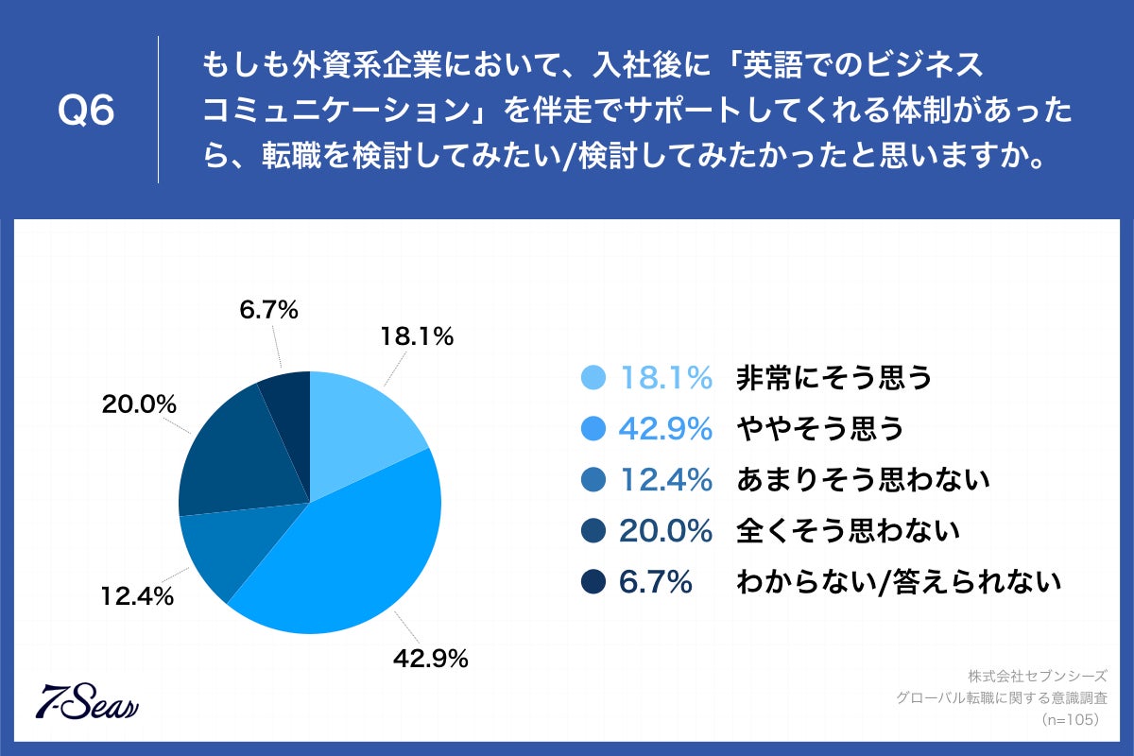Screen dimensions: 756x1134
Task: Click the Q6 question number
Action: [x=86, y=112]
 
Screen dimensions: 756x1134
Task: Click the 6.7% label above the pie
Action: [x=268, y=309]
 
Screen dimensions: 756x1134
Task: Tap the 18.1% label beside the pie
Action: [x=417, y=335]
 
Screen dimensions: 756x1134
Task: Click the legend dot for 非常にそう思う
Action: [x=593, y=378]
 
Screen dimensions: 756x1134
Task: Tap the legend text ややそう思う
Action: [x=819, y=429]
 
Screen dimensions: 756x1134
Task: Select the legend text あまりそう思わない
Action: [x=862, y=480]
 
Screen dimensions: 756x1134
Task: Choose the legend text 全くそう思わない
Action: [x=848, y=531]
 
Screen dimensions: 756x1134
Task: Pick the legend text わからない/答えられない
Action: [x=898, y=582]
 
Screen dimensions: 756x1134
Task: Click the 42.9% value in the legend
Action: [x=664, y=429]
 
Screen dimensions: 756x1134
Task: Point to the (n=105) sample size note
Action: [x=1067, y=720]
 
